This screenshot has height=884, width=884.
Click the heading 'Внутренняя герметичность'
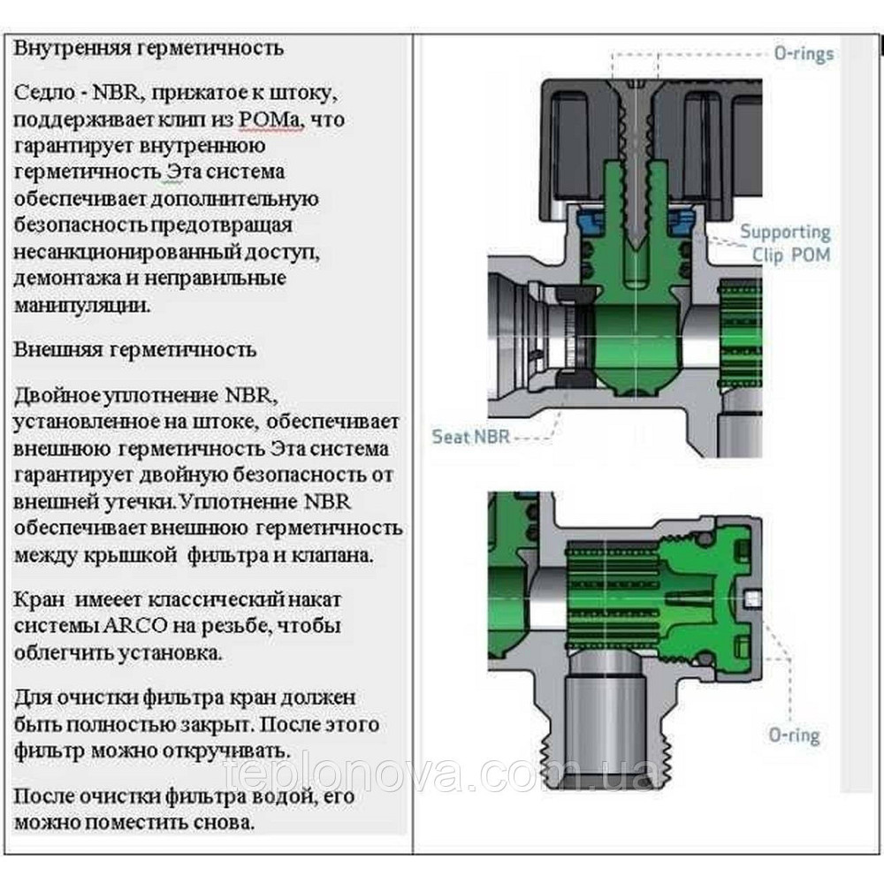click(x=149, y=48)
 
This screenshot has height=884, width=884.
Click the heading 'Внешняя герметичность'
click(x=134, y=349)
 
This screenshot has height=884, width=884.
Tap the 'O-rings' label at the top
click(x=803, y=54)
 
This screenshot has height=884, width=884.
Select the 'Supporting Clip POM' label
click(x=785, y=244)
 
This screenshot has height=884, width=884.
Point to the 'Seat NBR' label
click(x=470, y=436)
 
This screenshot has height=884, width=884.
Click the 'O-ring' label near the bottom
click(x=793, y=735)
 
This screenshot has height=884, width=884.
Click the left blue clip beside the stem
click(x=587, y=222)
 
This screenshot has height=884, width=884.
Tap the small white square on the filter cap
click(x=753, y=599)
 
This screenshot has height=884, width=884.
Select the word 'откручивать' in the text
click(x=233, y=751)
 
